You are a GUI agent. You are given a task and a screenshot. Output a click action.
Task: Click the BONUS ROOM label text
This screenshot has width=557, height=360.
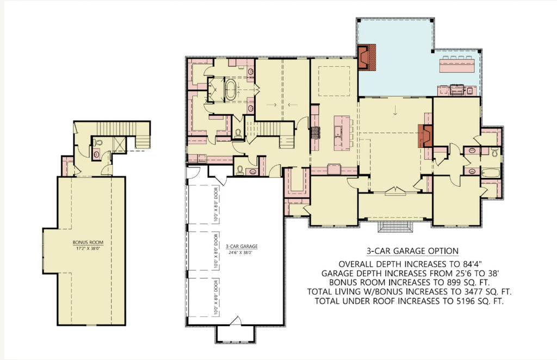click(x=84, y=243)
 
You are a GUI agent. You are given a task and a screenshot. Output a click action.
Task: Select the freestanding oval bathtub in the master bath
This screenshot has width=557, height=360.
click(x=231, y=90)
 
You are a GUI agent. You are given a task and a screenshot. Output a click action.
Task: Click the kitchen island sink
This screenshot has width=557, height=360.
click(x=338, y=130)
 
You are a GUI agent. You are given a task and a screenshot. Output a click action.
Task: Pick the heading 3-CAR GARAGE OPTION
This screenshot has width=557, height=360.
click(x=412, y=251)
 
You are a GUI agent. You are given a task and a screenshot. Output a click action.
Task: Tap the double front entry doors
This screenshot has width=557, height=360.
click(x=395, y=191)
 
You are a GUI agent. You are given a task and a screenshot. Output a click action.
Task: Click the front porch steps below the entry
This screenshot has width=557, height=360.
click(x=395, y=227)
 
